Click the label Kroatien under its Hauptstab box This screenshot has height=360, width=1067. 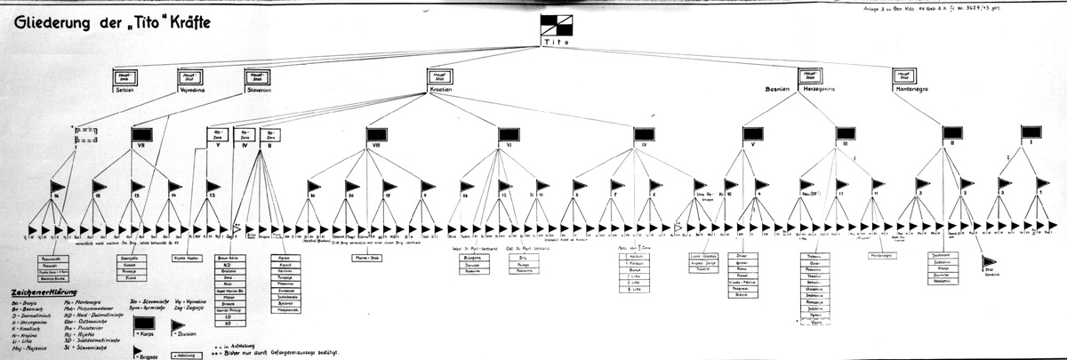tap(439, 91)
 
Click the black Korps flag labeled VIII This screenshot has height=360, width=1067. tap(380, 135)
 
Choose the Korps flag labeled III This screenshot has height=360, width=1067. tap(844, 135)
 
